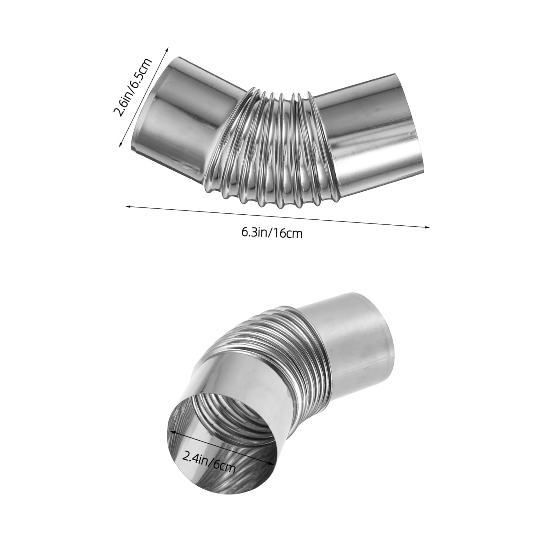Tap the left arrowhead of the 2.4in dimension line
point(171,431)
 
